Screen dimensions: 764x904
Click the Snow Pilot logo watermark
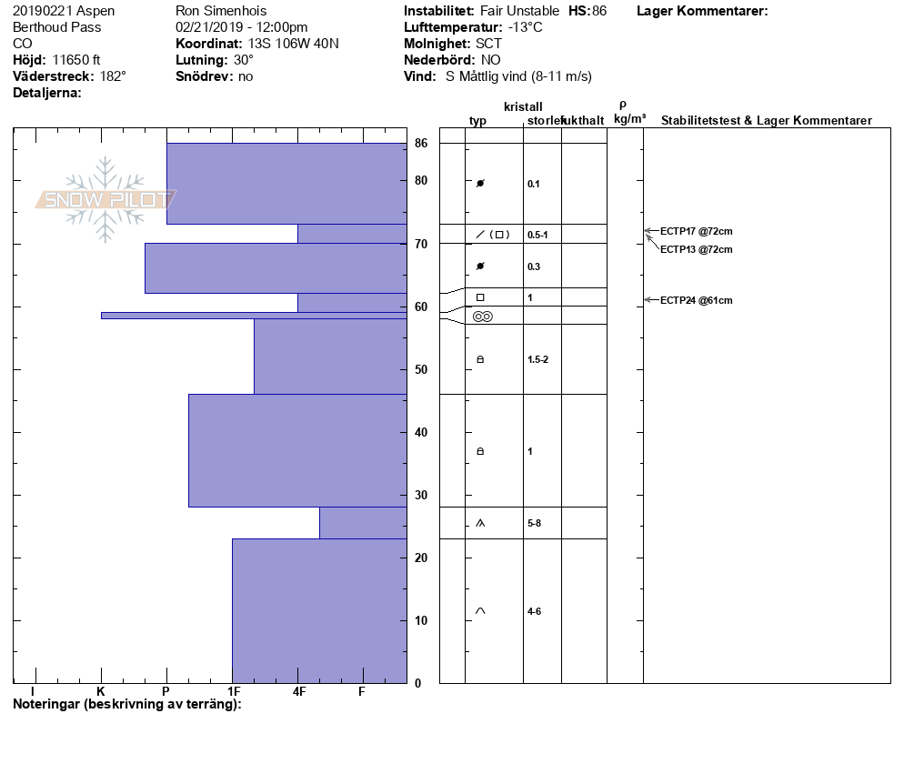pyautogui.click(x=106, y=199)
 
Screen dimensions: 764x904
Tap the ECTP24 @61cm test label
pyautogui.click(x=696, y=300)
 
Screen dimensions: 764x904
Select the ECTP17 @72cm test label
pyautogui.click(x=696, y=231)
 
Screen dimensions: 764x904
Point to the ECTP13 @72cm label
pyautogui.click(x=696, y=249)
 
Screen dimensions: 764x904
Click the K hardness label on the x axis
pyautogui.click(x=101, y=692)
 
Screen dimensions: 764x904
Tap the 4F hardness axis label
pyautogui.click(x=299, y=692)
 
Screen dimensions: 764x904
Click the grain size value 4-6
pyautogui.click(x=534, y=611)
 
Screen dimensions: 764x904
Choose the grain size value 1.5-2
pyautogui.click(x=537, y=359)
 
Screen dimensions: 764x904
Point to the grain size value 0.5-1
pyautogui.click(x=537, y=235)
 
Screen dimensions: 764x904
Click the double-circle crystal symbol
pyautogui.click(x=482, y=316)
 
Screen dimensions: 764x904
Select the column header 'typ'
pyautogui.click(x=477, y=121)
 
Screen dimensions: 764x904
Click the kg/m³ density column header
pyautogui.click(x=629, y=119)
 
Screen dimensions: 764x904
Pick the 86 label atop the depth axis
pyautogui.click(x=421, y=143)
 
